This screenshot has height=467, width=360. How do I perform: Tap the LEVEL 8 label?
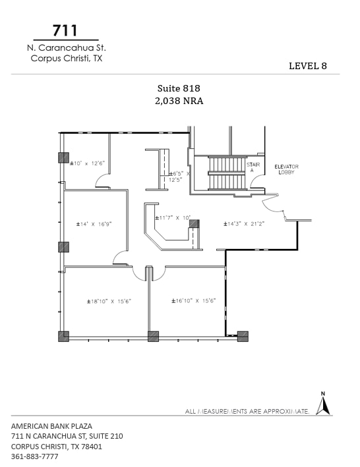coord(308,66)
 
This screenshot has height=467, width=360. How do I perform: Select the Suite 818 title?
coord(179,88)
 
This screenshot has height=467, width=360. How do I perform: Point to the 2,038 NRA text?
coord(179,101)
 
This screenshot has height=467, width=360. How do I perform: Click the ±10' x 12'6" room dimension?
coord(88,163)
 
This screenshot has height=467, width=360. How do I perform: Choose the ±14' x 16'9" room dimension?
coord(94,224)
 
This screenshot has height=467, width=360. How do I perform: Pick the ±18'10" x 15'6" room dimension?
coord(109,301)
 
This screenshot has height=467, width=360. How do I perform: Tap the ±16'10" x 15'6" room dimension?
coord(194,301)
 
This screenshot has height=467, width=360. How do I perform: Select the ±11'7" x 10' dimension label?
coord(173,217)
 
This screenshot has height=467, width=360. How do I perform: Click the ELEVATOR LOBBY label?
coord(287,169)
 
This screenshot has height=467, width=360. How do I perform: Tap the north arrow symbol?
coord(323,404)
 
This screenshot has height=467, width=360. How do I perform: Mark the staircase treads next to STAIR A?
coord(226,173)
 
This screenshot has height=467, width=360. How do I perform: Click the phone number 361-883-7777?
coord(35,456)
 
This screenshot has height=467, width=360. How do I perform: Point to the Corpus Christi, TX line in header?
coord(67,58)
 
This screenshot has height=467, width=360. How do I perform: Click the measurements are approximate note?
coord(247,411)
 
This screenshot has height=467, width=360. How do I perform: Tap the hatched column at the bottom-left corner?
coord(63,337)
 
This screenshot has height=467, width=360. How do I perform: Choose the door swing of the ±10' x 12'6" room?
coord(102,182)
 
